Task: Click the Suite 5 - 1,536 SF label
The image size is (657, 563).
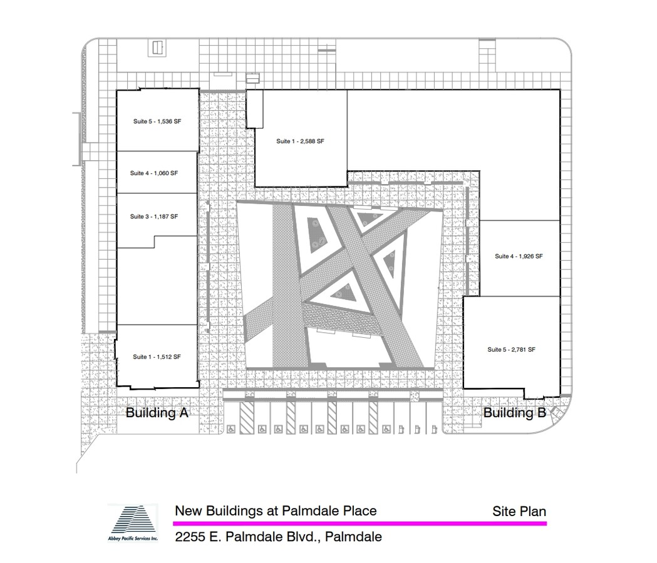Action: coord(157,121)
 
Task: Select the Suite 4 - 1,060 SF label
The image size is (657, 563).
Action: coord(154,173)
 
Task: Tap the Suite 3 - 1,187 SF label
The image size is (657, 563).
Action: coord(154,217)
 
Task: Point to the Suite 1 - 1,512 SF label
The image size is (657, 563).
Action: coord(157,357)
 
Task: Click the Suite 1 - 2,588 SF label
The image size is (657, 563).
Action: coord(300,141)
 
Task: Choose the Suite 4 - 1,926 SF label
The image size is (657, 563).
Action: coord(519,256)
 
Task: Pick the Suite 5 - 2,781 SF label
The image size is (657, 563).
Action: coord(511,350)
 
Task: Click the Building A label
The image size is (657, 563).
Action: coord(157,413)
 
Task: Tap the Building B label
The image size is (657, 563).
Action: coord(515,413)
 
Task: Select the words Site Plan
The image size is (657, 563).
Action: coord(519,512)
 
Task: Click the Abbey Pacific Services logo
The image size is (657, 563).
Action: coord(133,523)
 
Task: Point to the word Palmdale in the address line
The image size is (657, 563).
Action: coord(353,537)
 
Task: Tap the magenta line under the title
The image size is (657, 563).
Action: coord(360,523)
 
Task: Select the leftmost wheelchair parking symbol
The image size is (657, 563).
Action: coord(230,430)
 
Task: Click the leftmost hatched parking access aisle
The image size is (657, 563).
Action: coord(247,418)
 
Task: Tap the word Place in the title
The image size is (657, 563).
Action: coord(360,510)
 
